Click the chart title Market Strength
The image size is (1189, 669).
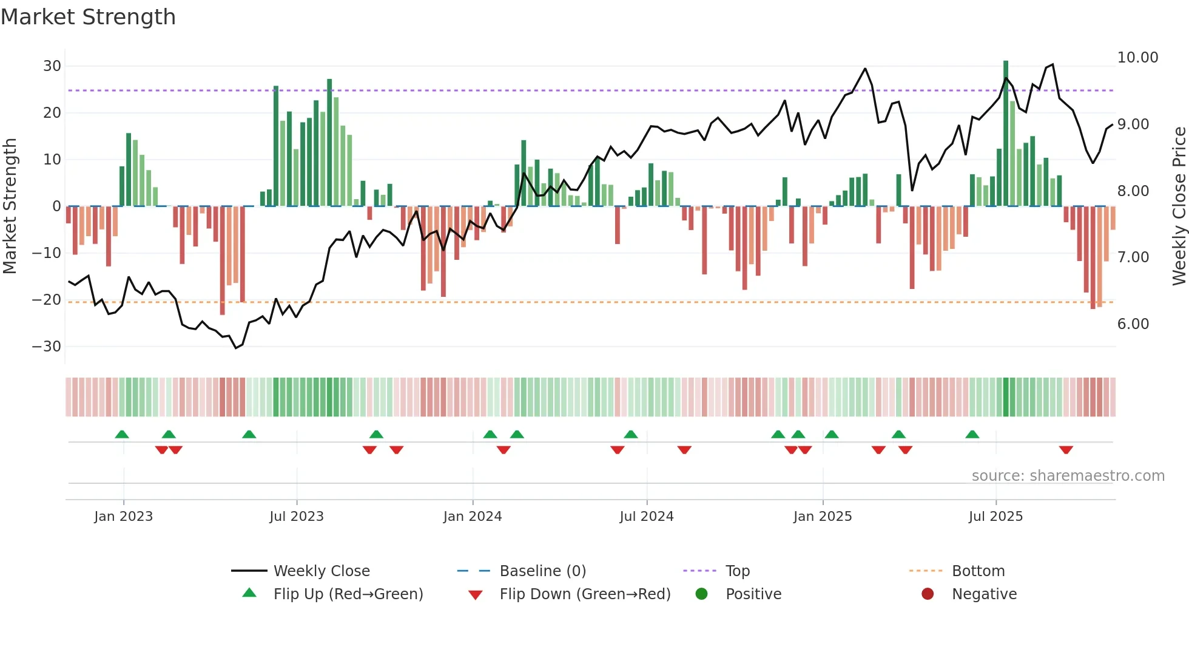(88, 17)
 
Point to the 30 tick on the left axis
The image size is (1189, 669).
(52, 66)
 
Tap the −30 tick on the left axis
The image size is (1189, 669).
(47, 347)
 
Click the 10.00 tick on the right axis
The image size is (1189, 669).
(1137, 58)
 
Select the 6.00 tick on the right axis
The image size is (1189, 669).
(1133, 324)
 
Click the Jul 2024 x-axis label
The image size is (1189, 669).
(646, 517)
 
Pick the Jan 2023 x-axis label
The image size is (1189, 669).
(123, 517)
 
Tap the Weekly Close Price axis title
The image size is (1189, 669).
(1179, 206)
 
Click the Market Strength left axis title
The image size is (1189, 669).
(10, 206)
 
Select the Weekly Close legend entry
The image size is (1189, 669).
(321, 571)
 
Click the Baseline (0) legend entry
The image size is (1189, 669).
(542, 571)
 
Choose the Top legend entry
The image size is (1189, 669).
(737, 571)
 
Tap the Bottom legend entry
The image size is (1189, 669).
(978, 571)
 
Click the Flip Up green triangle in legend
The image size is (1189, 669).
(249, 593)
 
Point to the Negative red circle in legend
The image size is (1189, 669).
(927, 594)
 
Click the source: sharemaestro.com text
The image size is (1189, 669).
(1068, 476)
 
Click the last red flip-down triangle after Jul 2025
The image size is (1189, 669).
(1066, 450)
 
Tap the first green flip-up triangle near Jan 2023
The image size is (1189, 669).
(122, 434)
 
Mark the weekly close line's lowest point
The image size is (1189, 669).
(236, 348)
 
